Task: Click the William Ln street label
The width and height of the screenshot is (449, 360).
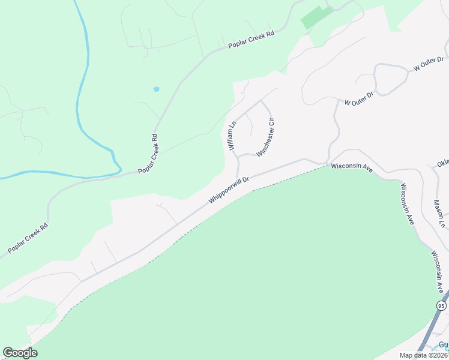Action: [232, 135]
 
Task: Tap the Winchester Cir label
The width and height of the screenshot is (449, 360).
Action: [266, 137]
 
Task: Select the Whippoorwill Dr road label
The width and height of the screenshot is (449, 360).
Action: [229, 189]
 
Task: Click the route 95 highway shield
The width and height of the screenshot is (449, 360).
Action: [442, 306]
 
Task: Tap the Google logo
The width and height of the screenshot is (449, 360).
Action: [20, 353]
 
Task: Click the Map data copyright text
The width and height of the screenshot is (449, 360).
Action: [424, 355]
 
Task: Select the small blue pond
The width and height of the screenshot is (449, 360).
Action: [157, 89]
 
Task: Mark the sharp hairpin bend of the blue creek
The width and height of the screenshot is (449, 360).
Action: [118, 168]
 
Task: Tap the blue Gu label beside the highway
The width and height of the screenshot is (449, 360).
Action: [443, 345]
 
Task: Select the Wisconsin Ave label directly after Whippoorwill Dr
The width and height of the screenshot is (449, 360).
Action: [352, 167]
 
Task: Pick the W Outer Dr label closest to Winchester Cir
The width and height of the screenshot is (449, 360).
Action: [360, 98]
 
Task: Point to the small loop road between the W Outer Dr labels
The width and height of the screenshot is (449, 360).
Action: [390, 79]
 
